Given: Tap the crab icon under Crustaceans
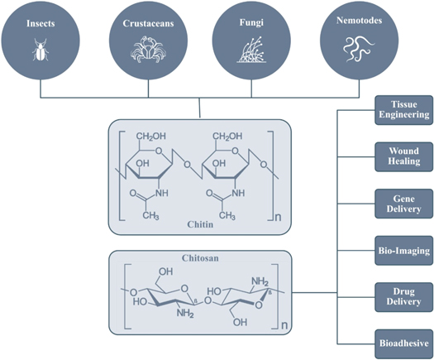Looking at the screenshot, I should click(x=144, y=51).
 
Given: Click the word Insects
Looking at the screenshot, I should click(x=41, y=24).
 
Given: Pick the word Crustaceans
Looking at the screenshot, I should click(x=144, y=24).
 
